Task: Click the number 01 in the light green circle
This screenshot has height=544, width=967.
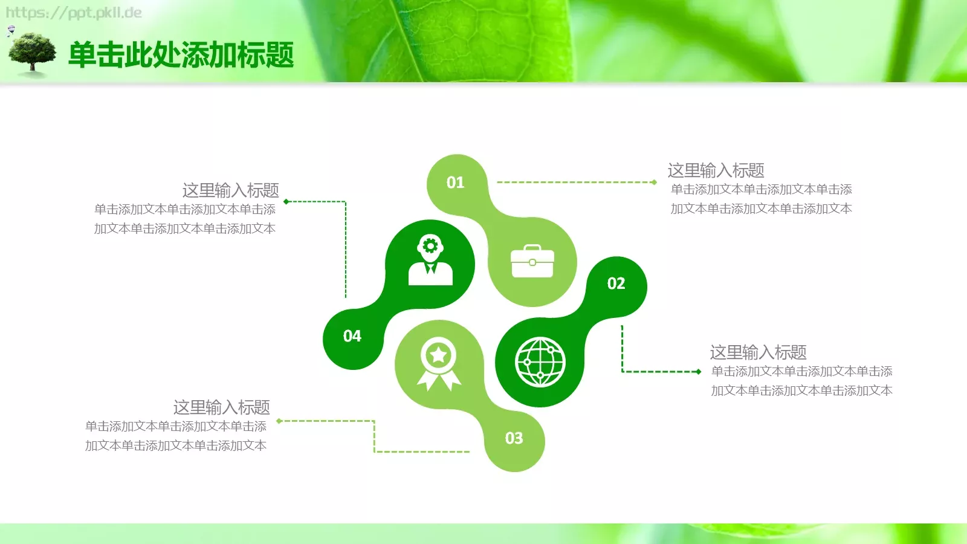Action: coord(455,183)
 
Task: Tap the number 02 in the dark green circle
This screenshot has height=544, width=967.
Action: coord(616,283)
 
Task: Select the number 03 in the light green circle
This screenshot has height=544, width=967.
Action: coord(514,438)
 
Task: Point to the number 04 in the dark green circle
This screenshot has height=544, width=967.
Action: coord(352,336)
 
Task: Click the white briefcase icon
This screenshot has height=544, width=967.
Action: coord(532,262)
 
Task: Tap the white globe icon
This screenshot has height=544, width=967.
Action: coord(540,362)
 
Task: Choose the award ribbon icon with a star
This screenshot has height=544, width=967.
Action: coord(439,363)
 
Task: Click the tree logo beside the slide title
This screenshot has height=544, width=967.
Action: coord(32,54)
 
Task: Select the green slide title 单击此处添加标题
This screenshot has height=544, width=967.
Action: coord(181,55)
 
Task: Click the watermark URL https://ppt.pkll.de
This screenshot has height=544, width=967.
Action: coord(74,13)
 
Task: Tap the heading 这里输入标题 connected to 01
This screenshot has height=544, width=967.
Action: coord(716,170)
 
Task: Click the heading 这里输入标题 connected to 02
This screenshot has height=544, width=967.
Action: coord(758,352)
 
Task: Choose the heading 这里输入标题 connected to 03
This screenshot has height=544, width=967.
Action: coord(221,407)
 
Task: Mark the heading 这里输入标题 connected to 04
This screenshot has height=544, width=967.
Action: coord(230,190)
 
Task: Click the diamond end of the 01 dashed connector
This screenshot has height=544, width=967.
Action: coord(654,182)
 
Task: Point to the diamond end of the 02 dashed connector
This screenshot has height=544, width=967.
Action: coord(699,372)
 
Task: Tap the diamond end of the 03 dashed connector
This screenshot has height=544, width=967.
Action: coord(279,421)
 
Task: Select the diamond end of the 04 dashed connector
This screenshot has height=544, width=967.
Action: coord(286,201)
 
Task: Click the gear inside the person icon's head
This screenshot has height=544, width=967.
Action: coord(430,246)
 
